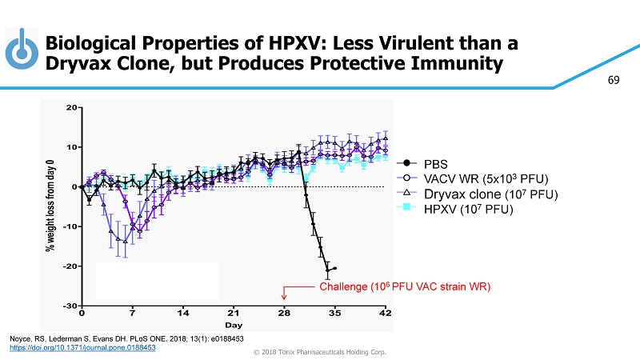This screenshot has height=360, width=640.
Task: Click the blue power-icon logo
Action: coord(22,50)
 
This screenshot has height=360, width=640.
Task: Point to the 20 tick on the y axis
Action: coord(71,107)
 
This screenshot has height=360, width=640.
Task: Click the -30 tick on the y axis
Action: coord(70,306)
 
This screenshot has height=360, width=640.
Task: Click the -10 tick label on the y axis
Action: coord(70,226)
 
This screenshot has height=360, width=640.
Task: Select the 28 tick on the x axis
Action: coord(284,313)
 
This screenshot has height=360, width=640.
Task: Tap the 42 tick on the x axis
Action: coord(386,313)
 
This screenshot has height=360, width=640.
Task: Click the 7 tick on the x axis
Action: coord(133,313)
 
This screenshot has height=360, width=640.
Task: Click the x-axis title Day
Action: coord(233,326)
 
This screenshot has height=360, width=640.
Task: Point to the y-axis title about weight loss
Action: coord(50,206)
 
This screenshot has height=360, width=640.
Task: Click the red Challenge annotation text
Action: coord(404,286)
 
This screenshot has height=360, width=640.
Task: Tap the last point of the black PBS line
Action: coord(335,269)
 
